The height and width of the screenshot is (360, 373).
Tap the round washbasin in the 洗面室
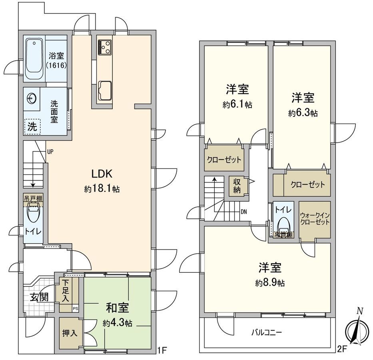click(32, 98)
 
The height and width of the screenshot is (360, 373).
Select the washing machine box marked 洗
click(32, 127)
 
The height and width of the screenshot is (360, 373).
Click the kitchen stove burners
click(105, 47)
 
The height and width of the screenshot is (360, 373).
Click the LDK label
click(102, 174)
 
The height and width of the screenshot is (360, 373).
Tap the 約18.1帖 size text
click(102, 189)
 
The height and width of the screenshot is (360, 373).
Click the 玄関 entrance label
click(38, 298)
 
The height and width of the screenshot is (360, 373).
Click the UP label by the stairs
click(50, 152)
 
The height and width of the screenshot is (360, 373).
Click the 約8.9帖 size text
click(270, 283)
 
